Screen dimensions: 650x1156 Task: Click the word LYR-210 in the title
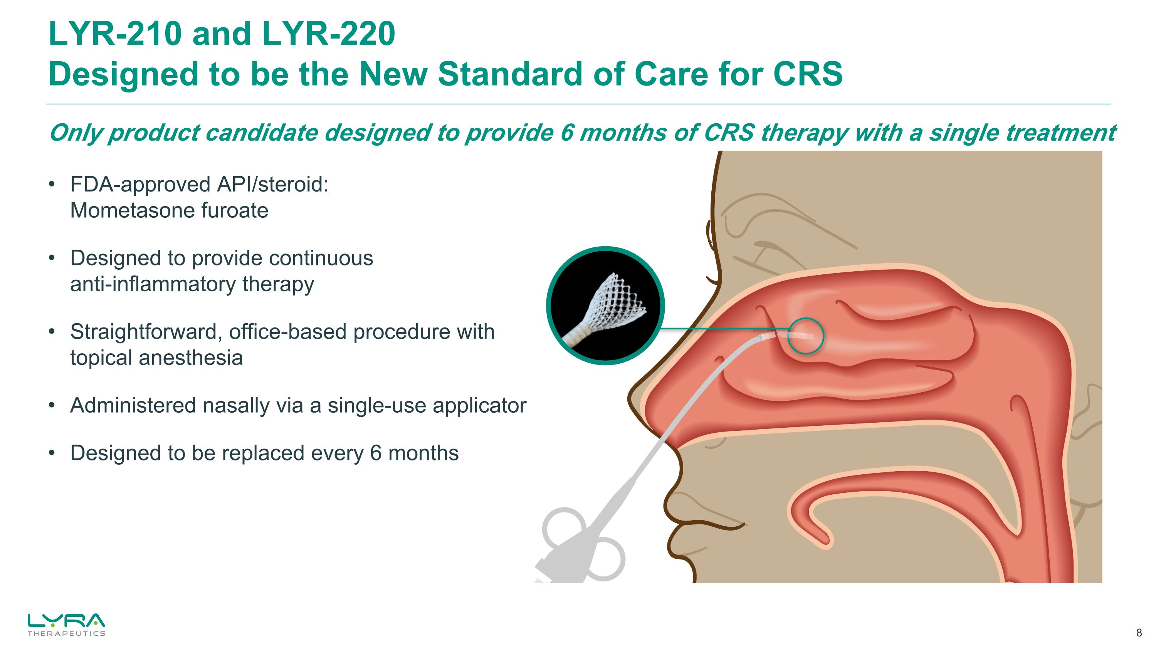pyautogui.click(x=115, y=34)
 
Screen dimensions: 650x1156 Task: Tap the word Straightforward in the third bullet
pyautogui.click(x=146, y=332)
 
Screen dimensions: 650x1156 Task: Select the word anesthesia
pyautogui.click(x=190, y=358)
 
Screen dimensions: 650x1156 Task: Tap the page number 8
pyautogui.click(x=1139, y=633)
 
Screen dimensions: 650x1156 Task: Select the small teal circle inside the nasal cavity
pyautogui.click(x=805, y=336)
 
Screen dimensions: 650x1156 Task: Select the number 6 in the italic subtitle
pyautogui.click(x=567, y=133)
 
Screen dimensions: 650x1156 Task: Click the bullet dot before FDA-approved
pyautogui.click(x=52, y=185)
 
